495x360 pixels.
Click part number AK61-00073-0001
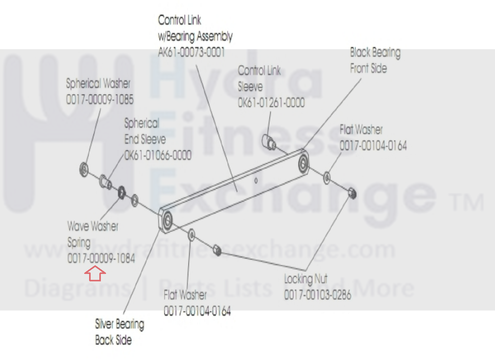pos(191,52)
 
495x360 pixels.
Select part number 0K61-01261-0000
pos(271,103)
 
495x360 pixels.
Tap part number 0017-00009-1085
pos(100,99)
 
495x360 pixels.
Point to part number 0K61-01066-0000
pos(158,155)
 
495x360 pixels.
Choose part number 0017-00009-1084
pos(101,258)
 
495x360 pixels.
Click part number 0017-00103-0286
pos(318,295)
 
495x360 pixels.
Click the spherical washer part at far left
pos(84,169)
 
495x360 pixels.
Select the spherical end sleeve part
pos(105,182)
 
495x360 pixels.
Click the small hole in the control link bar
pos(256,180)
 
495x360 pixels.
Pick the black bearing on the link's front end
pos(303,163)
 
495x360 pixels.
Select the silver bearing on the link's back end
pos(167,220)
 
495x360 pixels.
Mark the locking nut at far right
pos(352,194)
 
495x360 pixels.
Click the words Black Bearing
pos(375,52)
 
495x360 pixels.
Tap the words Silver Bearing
pos(119,324)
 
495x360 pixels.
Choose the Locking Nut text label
pos(306,279)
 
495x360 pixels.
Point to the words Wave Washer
pos(93,226)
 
